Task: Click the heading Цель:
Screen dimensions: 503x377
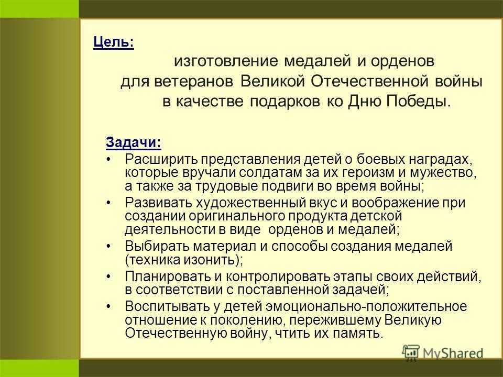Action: [114, 42]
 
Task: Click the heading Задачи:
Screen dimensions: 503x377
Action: [134, 142]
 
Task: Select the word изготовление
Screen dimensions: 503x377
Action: [226, 61]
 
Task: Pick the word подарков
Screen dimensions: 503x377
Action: [285, 102]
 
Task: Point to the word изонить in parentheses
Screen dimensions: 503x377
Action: [212, 260]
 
